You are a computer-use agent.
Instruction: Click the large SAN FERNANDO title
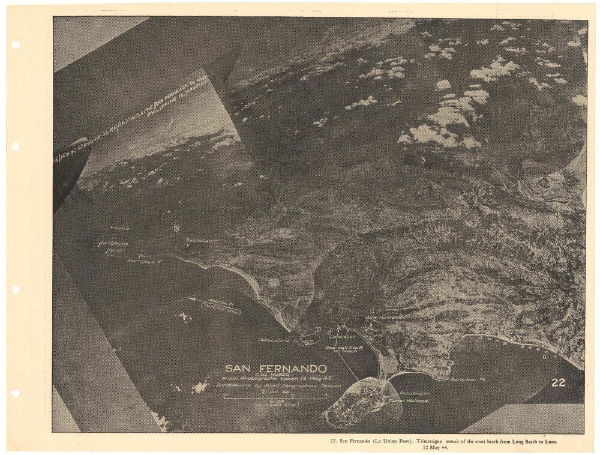coord(275,368)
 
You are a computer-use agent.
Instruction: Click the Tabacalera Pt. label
coord(278,340)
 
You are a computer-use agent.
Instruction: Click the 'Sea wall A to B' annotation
coord(341,348)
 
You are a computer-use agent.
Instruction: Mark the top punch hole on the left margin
coord(15,44)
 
